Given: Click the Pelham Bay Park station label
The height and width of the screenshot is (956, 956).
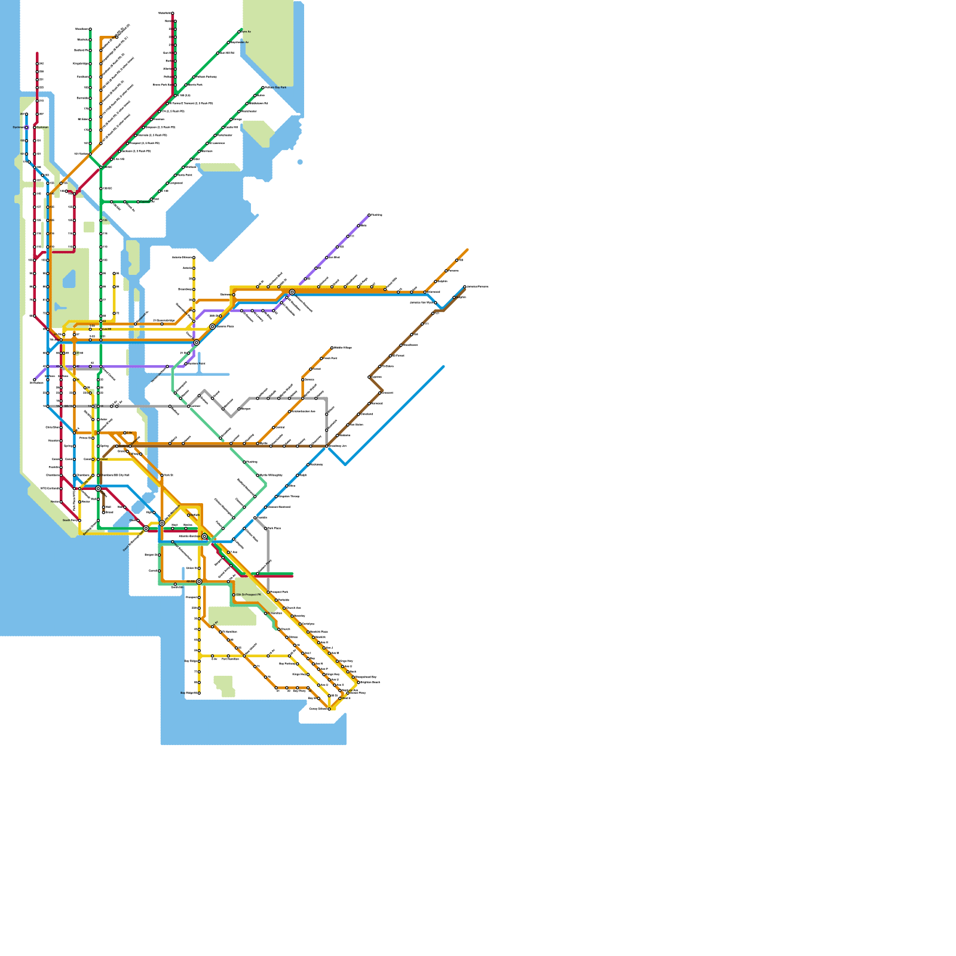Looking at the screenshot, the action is (276, 87).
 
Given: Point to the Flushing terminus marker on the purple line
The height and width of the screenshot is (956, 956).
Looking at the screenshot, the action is (369, 215).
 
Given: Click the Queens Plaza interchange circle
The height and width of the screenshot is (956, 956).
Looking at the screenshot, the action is (212, 326).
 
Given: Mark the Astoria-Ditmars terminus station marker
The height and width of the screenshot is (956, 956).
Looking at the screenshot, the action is (194, 258).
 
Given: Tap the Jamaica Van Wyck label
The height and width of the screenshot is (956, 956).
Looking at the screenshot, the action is (422, 302).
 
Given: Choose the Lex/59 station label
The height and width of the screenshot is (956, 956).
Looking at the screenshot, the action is (107, 329).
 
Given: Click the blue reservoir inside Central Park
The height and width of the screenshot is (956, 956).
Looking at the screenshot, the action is (69, 278).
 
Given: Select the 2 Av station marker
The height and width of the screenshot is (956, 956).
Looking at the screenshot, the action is (124, 433).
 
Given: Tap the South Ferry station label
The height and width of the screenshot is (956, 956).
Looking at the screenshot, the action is (70, 520).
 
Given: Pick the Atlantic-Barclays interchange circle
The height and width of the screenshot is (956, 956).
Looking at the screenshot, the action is (204, 537).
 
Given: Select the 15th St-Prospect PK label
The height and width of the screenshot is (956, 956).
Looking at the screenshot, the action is (248, 595).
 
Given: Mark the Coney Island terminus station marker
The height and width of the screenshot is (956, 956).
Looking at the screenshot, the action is (329, 709).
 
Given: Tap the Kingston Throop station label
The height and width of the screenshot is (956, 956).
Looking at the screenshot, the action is (289, 497).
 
